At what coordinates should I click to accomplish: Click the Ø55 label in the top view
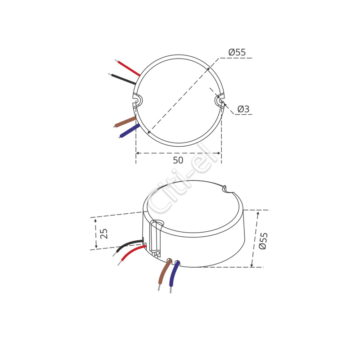tap(237, 52)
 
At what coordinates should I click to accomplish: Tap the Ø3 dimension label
tap(243, 109)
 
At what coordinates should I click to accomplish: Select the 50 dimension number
tap(178, 160)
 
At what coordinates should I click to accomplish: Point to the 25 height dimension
tap(104, 234)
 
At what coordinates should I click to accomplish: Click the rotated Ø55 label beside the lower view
tap(263, 241)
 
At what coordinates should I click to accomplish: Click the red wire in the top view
tap(128, 68)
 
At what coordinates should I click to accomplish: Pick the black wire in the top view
tap(122, 79)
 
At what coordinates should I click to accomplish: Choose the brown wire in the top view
tap(125, 122)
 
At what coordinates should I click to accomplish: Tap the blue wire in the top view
tap(130, 131)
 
